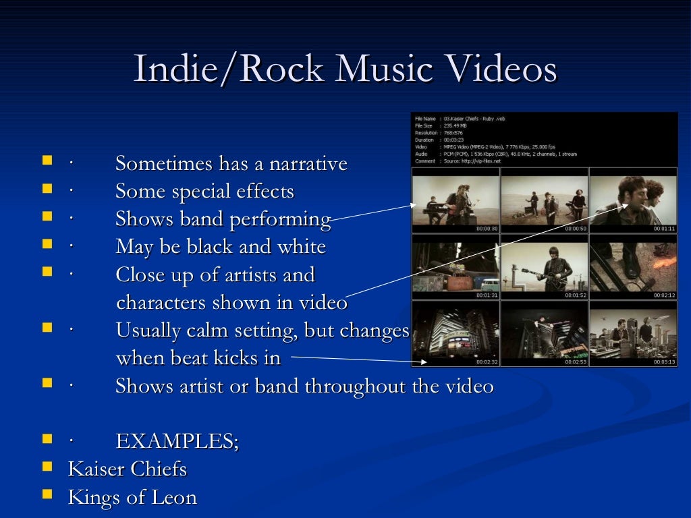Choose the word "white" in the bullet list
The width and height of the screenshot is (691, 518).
(301, 247)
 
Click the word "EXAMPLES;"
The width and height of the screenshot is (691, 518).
(177, 442)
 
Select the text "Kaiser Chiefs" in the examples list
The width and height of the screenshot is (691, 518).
(128, 469)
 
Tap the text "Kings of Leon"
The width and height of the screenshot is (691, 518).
(132, 498)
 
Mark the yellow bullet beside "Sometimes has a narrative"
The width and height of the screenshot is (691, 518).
(47, 161)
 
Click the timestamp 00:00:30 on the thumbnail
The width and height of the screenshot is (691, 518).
(487, 229)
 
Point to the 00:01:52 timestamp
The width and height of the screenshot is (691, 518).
(576, 295)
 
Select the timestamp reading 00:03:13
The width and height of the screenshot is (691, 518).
(665, 362)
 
